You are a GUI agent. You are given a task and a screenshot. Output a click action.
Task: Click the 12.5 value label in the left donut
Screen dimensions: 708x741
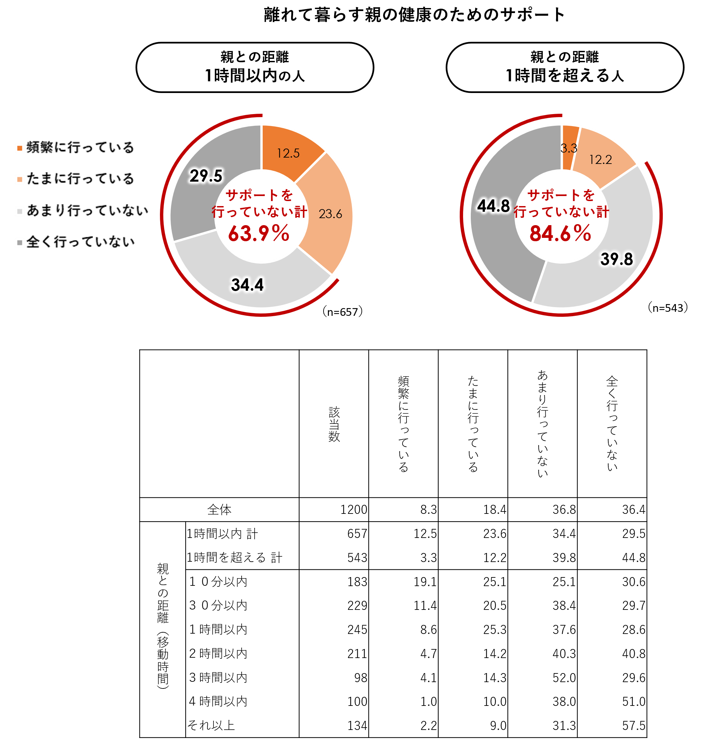(288, 153)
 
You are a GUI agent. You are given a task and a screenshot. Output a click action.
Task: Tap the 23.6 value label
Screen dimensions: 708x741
(330, 214)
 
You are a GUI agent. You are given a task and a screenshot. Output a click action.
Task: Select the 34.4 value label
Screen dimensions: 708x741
(247, 285)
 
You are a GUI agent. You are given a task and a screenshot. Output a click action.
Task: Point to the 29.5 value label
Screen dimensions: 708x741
(206, 176)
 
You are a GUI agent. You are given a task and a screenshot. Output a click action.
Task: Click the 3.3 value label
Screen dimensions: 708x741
(569, 148)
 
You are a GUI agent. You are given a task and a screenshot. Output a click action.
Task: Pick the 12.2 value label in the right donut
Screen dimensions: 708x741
(601, 160)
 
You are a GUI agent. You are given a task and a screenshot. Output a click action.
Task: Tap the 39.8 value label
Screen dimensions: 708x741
(617, 259)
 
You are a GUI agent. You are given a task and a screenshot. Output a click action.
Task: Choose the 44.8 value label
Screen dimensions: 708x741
(493, 206)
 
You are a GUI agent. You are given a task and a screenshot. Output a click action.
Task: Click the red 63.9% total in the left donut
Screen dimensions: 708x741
(259, 234)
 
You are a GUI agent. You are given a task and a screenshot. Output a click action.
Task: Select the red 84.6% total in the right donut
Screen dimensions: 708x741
(560, 234)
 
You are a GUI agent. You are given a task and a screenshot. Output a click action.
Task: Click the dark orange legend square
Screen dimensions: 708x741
(20, 148)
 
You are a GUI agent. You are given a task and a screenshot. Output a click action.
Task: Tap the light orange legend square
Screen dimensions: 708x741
(20, 180)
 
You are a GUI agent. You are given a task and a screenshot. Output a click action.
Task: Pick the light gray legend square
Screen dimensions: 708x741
(20, 211)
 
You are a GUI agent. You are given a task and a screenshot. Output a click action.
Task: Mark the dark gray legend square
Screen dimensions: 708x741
(20, 243)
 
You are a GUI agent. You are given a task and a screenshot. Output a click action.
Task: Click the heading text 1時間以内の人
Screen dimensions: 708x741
(255, 76)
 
